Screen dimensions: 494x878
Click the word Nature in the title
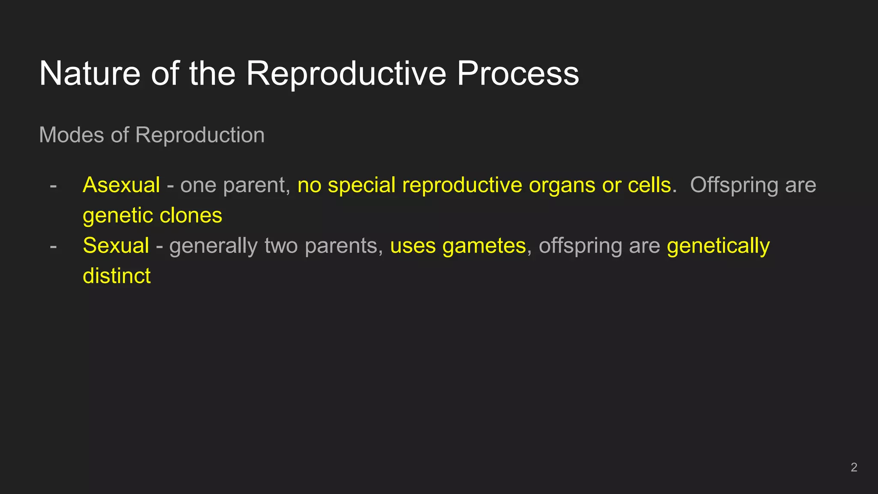point(90,73)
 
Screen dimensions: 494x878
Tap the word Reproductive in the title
point(346,73)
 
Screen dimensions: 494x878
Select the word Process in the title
point(517,73)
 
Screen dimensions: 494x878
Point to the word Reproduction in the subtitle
point(200,136)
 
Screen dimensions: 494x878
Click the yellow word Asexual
point(121,185)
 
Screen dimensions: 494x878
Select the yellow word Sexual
point(116,246)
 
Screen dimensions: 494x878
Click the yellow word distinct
point(117,276)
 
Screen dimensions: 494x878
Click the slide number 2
point(854,467)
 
